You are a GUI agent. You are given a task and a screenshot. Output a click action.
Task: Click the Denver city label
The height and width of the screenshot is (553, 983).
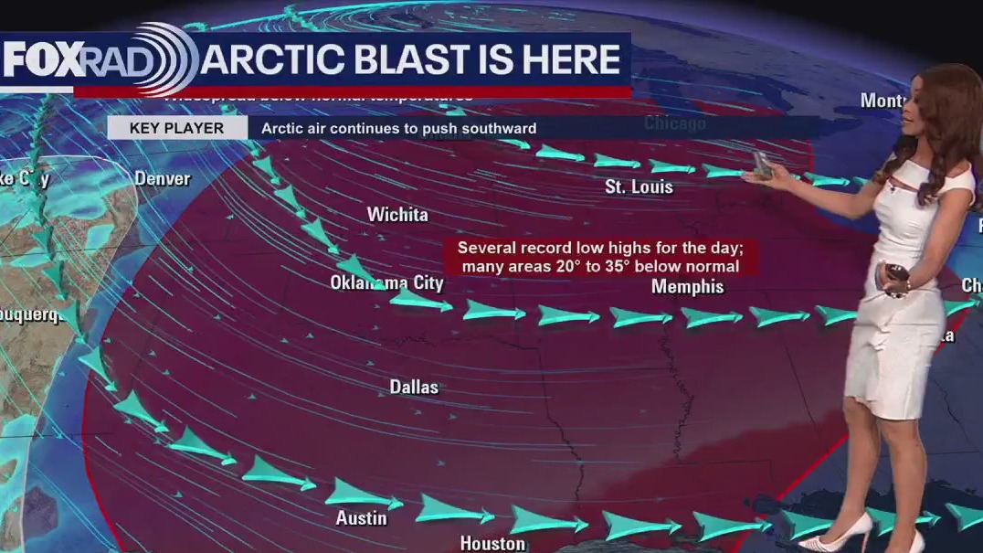coord(163,178)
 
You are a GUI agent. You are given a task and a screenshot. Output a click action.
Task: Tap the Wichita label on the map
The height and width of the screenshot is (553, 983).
coord(397,215)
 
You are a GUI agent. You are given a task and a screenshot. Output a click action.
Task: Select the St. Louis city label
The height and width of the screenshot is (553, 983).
coord(639,187)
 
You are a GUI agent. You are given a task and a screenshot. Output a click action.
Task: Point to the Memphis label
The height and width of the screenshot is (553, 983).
coord(687,287)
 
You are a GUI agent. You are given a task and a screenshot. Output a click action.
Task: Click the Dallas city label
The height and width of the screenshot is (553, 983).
coord(414,388)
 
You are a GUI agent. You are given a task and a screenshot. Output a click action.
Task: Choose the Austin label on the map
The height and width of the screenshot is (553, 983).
coord(361,518)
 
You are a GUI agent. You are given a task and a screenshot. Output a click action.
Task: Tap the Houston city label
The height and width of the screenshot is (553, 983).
coord(492,544)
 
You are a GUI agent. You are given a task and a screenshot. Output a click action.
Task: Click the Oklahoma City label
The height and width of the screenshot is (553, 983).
coord(386,283)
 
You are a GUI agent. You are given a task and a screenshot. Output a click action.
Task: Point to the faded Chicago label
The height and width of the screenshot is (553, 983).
coord(675,123)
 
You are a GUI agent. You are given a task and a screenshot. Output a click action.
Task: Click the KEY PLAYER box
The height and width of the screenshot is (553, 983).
coord(176,128)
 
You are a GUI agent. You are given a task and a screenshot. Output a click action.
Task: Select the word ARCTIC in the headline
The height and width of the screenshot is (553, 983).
coord(275,60)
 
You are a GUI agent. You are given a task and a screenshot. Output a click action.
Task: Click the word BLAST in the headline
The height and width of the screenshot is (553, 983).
coord(435,60)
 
